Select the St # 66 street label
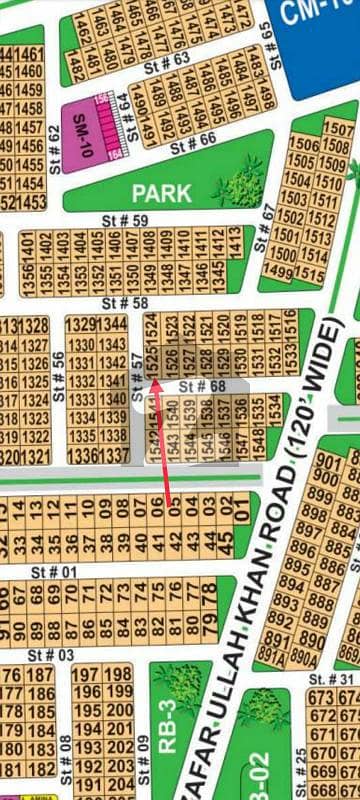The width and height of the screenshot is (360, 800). pos(193,144)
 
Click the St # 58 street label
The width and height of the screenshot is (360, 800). pos(126,302)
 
